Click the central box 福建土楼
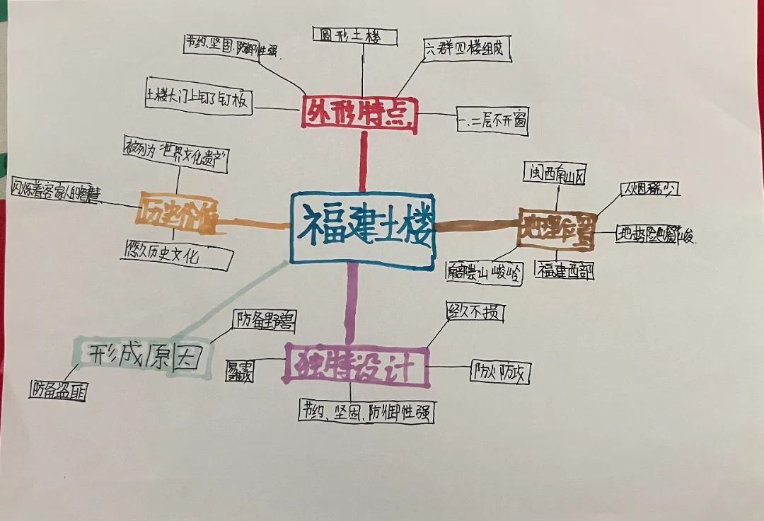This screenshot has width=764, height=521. (362, 228)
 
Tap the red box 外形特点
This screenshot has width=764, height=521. (360, 114)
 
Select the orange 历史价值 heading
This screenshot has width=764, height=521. (178, 210)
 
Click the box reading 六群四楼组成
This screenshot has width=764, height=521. (467, 50)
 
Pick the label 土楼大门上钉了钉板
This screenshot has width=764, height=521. (198, 100)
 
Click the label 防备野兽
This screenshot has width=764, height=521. (264, 322)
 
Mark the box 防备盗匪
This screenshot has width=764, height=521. (58, 390)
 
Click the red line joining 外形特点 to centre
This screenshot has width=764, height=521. (364, 163)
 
